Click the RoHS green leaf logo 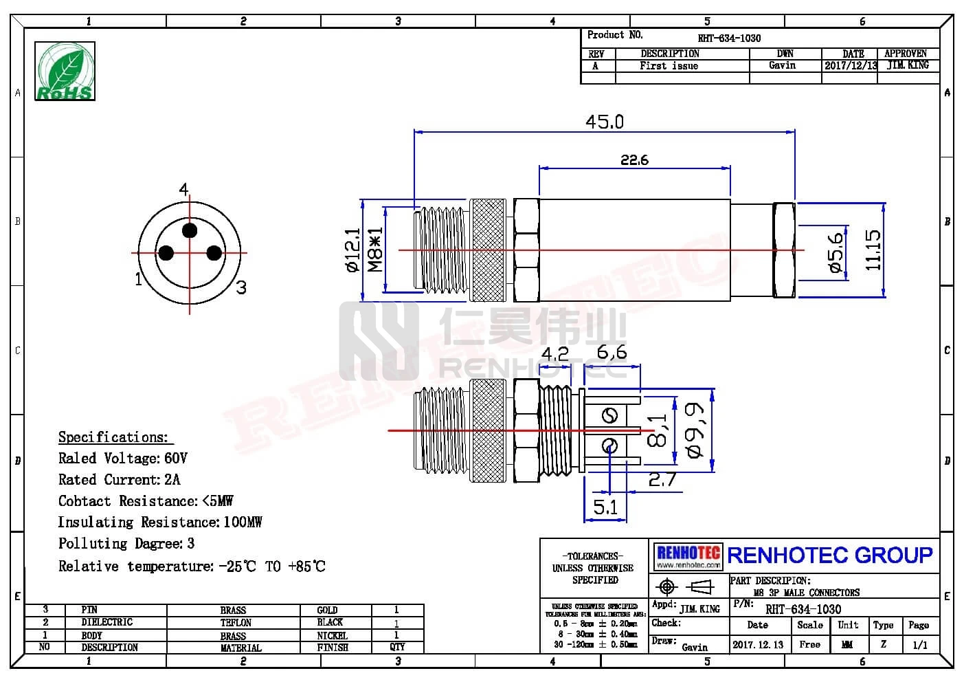(65, 71)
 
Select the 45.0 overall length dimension (604, 122)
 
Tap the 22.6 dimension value (634, 159)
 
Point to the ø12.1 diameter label (352, 250)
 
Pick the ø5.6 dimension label (835, 252)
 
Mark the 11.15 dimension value (872, 250)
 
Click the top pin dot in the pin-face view (190, 230)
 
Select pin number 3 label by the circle (240, 287)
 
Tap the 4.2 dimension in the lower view (554, 353)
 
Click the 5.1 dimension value (605, 507)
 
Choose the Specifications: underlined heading (113, 437)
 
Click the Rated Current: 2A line (119, 479)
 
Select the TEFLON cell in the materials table (236, 623)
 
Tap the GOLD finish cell (327, 610)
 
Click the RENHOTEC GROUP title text (829, 555)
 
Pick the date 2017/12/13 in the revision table (851, 66)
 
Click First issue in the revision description (669, 66)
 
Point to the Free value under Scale (809, 645)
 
